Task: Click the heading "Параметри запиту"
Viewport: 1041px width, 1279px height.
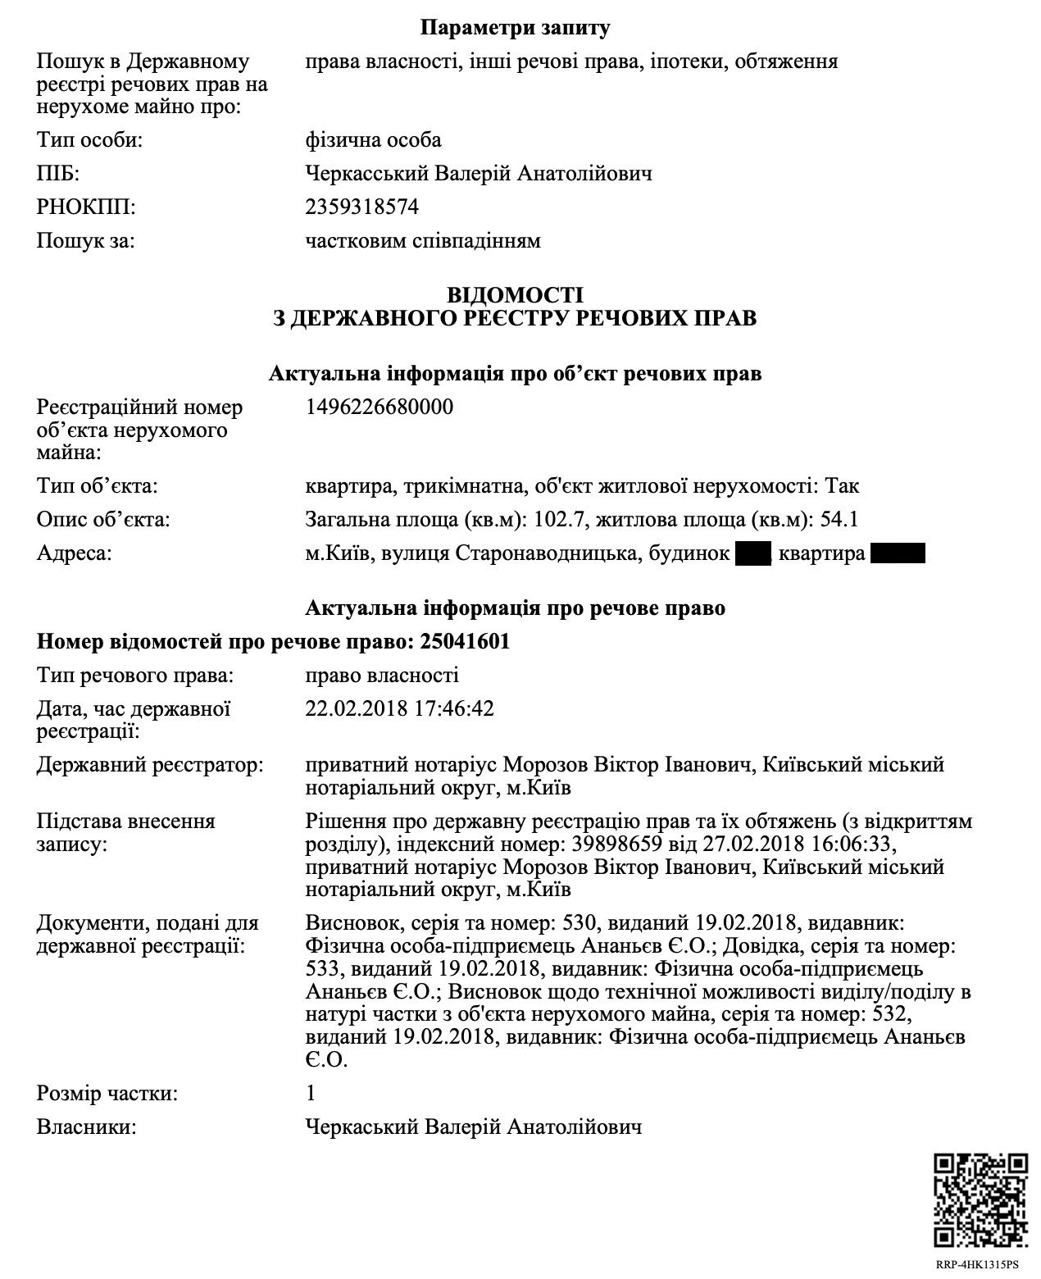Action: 515,28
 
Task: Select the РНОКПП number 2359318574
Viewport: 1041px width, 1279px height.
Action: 361,207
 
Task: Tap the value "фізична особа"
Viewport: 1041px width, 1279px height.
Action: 373,140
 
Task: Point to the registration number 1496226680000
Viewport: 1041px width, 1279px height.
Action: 379,407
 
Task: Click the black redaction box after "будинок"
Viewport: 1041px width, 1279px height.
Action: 753,554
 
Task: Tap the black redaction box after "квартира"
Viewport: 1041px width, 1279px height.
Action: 898,554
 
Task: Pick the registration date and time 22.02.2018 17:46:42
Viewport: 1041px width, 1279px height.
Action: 399,708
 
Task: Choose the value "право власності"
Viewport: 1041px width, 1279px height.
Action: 381,676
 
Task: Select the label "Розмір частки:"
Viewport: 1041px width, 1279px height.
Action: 107,1094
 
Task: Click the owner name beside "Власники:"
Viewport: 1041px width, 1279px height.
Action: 473,1127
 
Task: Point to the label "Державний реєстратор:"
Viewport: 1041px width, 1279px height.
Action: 150,766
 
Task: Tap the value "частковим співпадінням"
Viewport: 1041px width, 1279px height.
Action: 422,241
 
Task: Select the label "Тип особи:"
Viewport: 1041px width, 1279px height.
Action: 89,140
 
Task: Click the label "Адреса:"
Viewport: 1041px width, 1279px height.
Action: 74,554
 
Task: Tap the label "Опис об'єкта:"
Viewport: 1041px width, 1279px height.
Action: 102,520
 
